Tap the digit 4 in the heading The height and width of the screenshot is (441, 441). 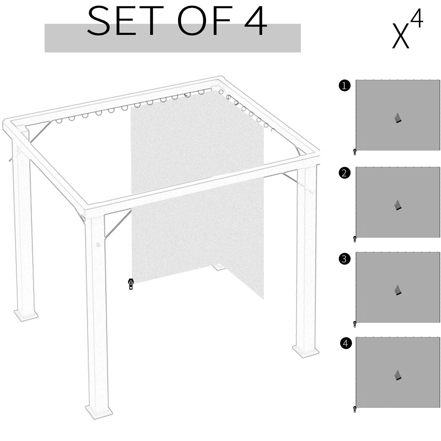point(255,21)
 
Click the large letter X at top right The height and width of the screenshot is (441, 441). point(400,36)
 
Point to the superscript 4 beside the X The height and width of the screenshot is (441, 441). point(417,18)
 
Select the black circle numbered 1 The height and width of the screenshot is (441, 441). point(344,86)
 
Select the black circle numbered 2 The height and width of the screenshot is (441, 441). point(344,173)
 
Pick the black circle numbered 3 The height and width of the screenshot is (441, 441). point(344,259)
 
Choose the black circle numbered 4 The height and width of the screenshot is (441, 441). point(346,344)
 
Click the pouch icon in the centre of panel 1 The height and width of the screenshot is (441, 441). point(398,118)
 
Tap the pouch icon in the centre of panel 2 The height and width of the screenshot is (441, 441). point(398,205)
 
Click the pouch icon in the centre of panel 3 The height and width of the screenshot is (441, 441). point(398,290)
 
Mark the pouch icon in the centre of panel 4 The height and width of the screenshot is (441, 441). point(398,375)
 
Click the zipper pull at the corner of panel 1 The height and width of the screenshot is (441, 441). point(355,152)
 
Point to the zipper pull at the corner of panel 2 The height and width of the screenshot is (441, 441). point(355,239)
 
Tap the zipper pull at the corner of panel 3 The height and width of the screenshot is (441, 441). point(355,324)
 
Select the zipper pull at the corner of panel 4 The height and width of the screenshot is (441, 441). point(355,409)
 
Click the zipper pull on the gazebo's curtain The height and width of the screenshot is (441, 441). point(131,284)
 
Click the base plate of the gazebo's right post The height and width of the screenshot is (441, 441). point(306,351)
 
